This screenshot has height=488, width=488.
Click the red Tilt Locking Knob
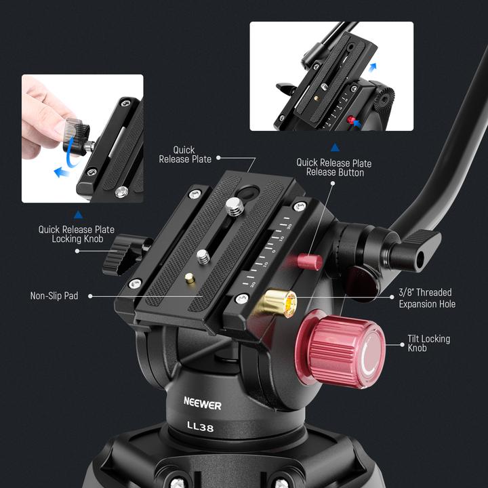(342, 349)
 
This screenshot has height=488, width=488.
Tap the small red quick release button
(309, 261)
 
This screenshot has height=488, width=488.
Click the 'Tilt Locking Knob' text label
(428, 343)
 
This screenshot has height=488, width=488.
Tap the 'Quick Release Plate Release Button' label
(334, 167)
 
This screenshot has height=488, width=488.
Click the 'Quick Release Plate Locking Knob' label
(75, 234)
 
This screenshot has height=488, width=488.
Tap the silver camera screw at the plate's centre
(203, 256)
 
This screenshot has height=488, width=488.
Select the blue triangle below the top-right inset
(334, 146)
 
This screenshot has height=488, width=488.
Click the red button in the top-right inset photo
(351, 120)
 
